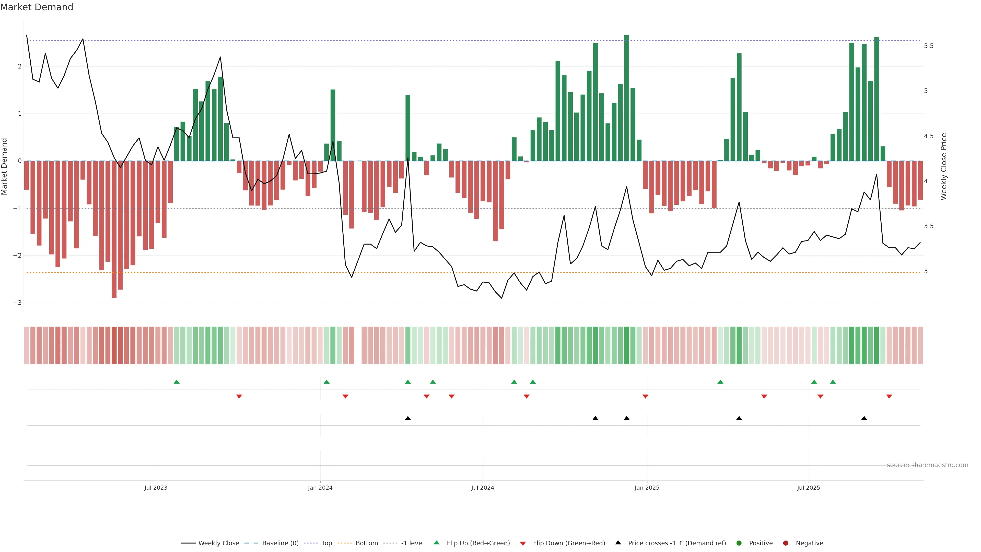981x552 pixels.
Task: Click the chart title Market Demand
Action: click(x=37, y=7)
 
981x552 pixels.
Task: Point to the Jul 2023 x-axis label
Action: click(x=156, y=488)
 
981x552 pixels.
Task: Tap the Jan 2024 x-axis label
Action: click(x=320, y=488)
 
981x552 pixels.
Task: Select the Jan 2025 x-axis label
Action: click(x=647, y=488)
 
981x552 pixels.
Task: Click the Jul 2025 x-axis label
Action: click(x=808, y=488)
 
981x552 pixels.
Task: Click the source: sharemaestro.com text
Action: click(x=927, y=465)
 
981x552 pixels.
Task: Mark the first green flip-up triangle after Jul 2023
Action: click(x=176, y=382)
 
